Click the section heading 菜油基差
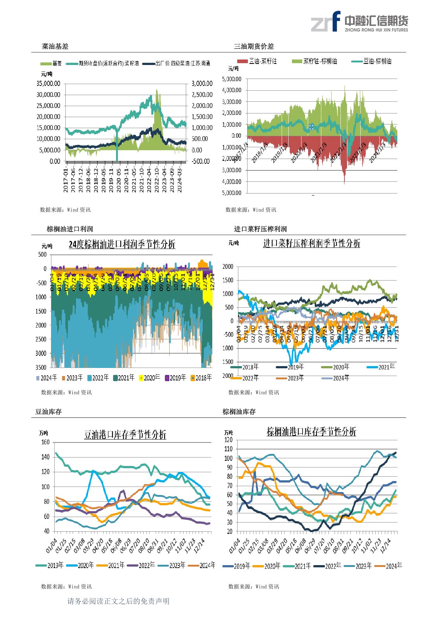[55, 46]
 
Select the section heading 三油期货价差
[254, 46]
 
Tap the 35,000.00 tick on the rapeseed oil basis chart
[48, 83]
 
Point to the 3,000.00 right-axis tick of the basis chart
[202, 83]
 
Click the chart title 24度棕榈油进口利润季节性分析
[122, 244]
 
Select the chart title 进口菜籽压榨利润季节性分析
[311, 243]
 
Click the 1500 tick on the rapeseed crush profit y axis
[228, 280]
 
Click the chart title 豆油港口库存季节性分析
[125, 435]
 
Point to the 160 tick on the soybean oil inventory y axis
[45, 442]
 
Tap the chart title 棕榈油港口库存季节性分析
[311, 431]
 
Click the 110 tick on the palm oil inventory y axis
[228, 449]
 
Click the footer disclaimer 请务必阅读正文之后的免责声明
[118, 601]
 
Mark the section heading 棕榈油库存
[239, 412]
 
